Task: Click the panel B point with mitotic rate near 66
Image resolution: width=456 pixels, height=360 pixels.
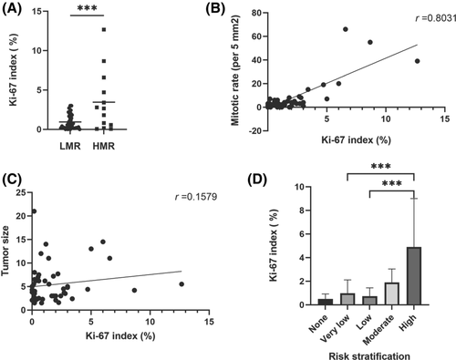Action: (346, 29)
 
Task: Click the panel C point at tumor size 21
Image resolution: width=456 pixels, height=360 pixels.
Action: (34, 211)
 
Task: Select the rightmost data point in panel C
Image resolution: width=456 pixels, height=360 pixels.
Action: (181, 283)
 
